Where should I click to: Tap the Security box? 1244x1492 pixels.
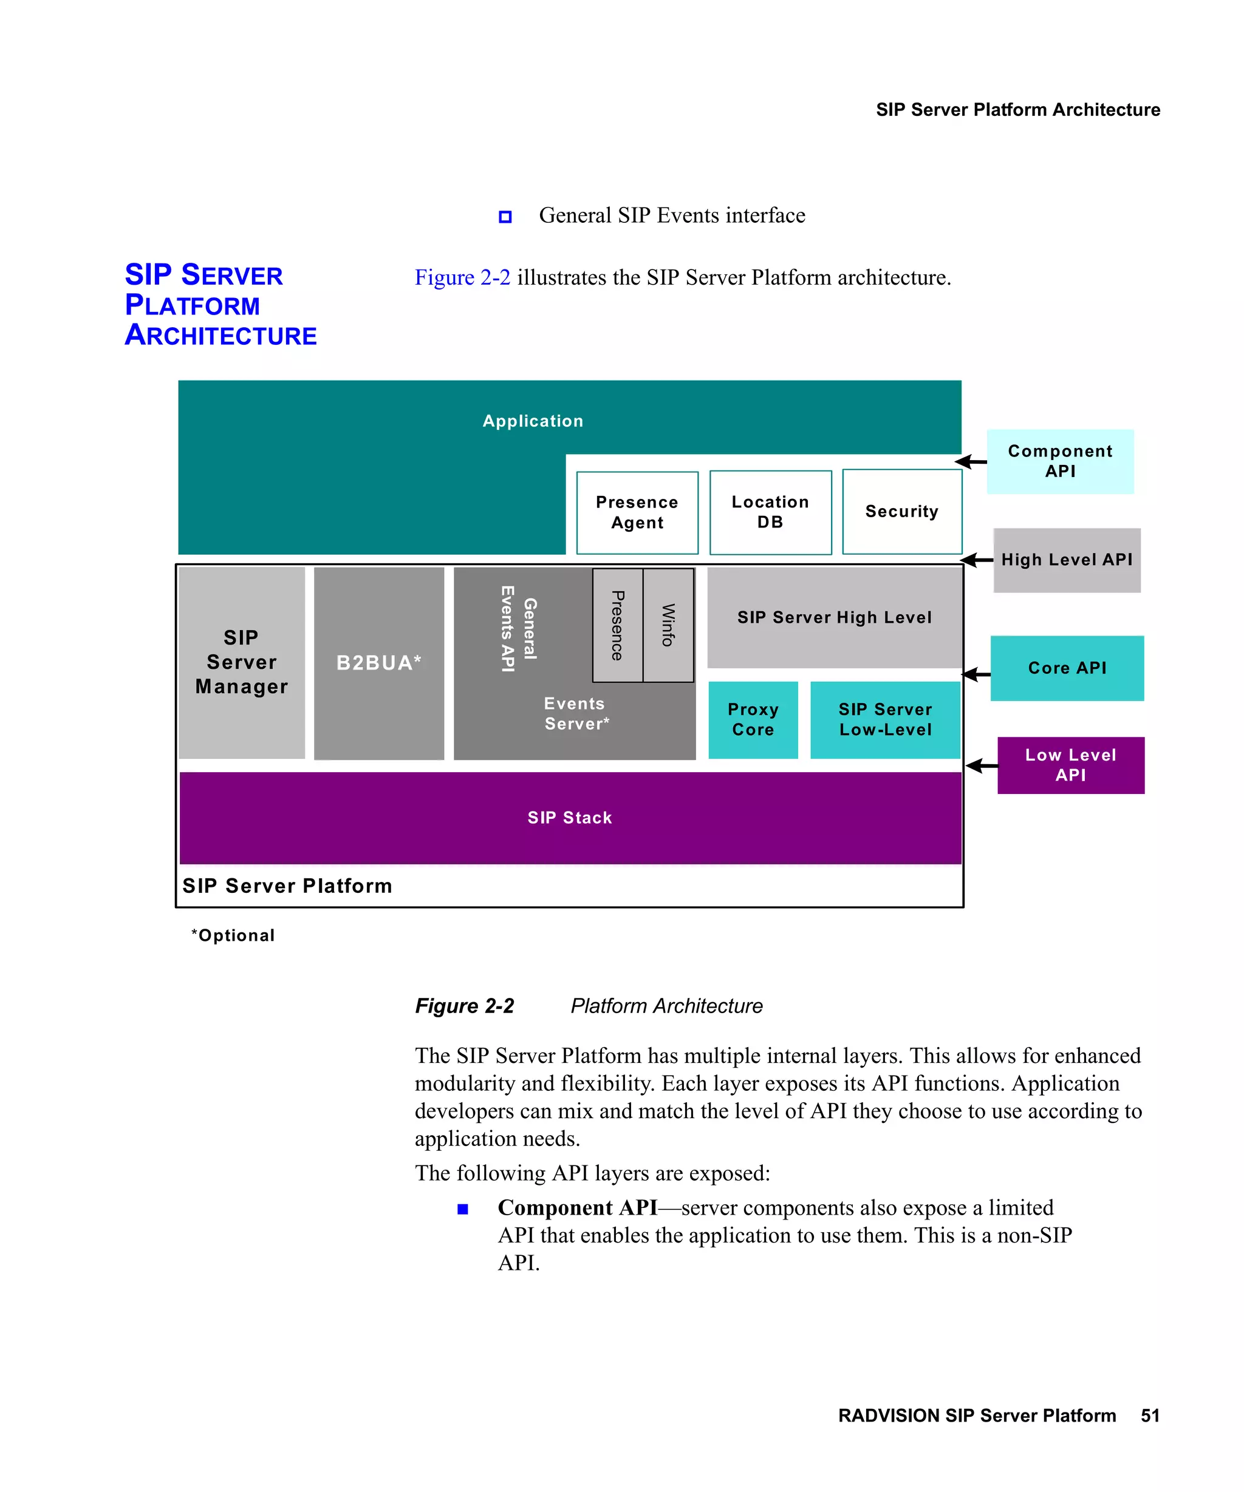point(901,511)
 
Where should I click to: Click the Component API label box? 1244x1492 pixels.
point(1059,461)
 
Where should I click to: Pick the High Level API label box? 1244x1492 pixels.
point(1066,560)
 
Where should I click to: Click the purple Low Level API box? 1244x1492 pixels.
point(1070,765)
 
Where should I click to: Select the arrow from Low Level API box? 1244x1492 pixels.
point(982,765)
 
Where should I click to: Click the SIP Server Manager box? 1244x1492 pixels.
point(242,662)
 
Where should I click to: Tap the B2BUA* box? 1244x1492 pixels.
point(378,663)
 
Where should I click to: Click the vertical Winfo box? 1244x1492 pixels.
point(668,625)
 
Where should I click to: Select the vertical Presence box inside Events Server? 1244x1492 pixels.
point(617,625)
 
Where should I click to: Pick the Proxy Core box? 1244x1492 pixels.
point(753,720)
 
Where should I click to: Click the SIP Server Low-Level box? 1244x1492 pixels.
point(884,720)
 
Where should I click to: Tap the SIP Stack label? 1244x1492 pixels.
point(569,818)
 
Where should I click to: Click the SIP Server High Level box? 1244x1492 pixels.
point(834,617)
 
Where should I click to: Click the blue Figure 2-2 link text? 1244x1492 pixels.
point(462,277)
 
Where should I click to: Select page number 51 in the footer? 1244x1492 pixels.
point(1149,1416)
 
